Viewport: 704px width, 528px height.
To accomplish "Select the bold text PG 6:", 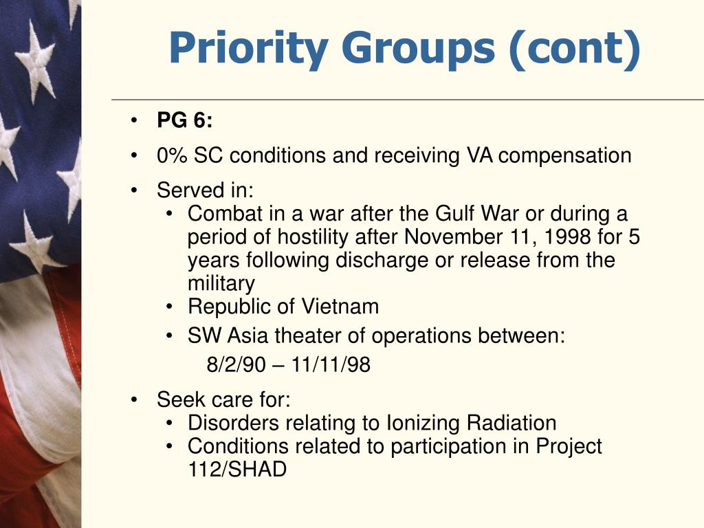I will (x=185, y=121).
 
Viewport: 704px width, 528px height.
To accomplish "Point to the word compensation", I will (x=565, y=155).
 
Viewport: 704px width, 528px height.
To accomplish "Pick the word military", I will (x=221, y=283).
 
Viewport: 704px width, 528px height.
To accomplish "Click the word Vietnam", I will (x=341, y=306).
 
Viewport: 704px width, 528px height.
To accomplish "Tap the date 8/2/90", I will (x=235, y=365).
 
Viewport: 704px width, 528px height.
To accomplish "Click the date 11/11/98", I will (x=331, y=365).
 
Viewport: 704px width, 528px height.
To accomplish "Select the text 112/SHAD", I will (x=236, y=470).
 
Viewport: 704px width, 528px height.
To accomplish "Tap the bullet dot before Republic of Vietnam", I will (x=170, y=307).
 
